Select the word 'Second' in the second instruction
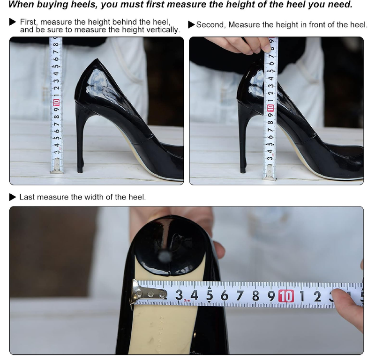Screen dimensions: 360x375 tap(211, 25)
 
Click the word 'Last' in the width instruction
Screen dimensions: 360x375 tap(27, 197)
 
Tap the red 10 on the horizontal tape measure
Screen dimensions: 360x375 tap(285, 296)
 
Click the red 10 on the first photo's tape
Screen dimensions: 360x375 tap(56, 102)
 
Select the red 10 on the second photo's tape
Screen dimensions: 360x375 tap(270, 108)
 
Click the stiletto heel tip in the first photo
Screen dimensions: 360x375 tap(80, 169)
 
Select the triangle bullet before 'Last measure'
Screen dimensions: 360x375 tap(13, 197)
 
